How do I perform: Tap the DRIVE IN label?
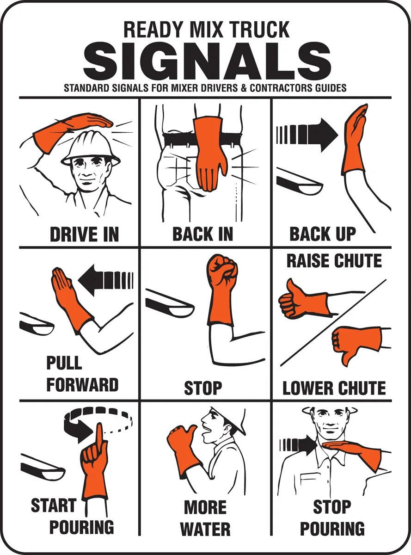click(84, 234)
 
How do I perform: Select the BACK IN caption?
click(203, 234)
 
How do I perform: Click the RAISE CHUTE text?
click(334, 261)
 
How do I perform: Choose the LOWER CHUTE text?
click(334, 388)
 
